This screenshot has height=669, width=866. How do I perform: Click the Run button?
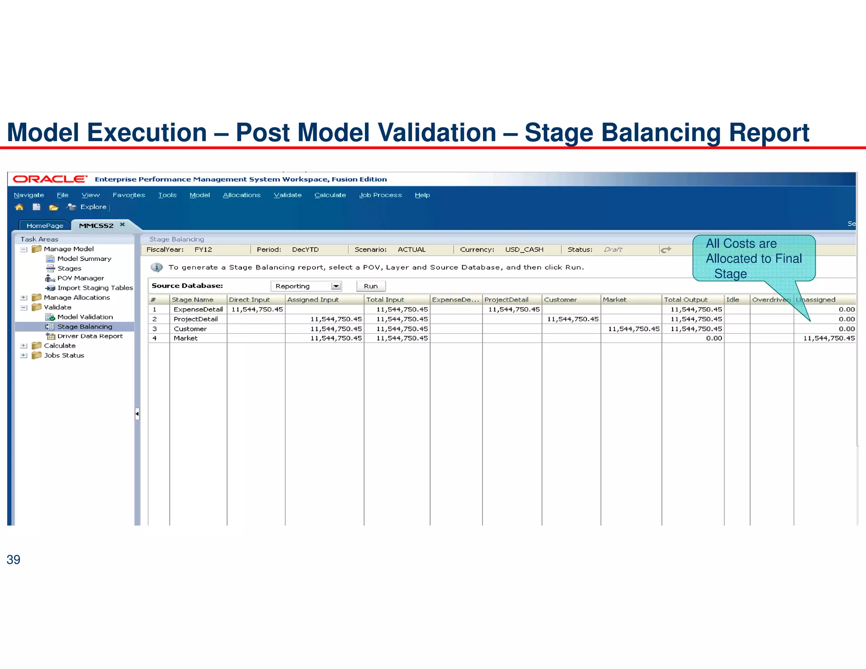click(x=371, y=286)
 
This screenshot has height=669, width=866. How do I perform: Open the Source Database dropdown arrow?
click(x=336, y=286)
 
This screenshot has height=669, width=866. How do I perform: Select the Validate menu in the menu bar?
click(x=288, y=195)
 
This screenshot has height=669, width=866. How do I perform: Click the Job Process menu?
click(x=380, y=195)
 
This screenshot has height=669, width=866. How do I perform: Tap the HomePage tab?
click(x=45, y=226)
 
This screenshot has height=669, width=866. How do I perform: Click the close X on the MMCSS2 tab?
click(x=122, y=225)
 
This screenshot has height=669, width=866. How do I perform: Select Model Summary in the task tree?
click(x=84, y=259)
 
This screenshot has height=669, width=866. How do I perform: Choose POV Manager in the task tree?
click(x=80, y=278)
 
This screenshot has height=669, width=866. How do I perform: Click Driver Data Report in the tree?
click(x=90, y=336)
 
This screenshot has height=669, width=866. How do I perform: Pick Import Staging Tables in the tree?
click(x=95, y=288)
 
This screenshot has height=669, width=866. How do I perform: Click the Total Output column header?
click(x=685, y=300)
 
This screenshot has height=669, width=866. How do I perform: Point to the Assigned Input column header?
click(x=313, y=300)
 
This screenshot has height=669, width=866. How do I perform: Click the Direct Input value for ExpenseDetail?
click(x=257, y=310)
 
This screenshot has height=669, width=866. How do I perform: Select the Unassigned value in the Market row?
click(x=828, y=338)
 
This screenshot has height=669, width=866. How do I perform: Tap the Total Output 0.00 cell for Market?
click(x=714, y=338)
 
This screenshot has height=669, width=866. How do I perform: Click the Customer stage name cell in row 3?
click(x=190, y=329)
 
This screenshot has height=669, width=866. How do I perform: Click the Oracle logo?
click(x=50, y=179)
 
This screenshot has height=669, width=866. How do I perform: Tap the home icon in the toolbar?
click(x=19, y=207)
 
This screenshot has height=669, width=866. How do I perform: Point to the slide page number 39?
click(x=14, y=559)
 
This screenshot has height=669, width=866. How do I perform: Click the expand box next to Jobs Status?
click(x=24, y=356)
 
